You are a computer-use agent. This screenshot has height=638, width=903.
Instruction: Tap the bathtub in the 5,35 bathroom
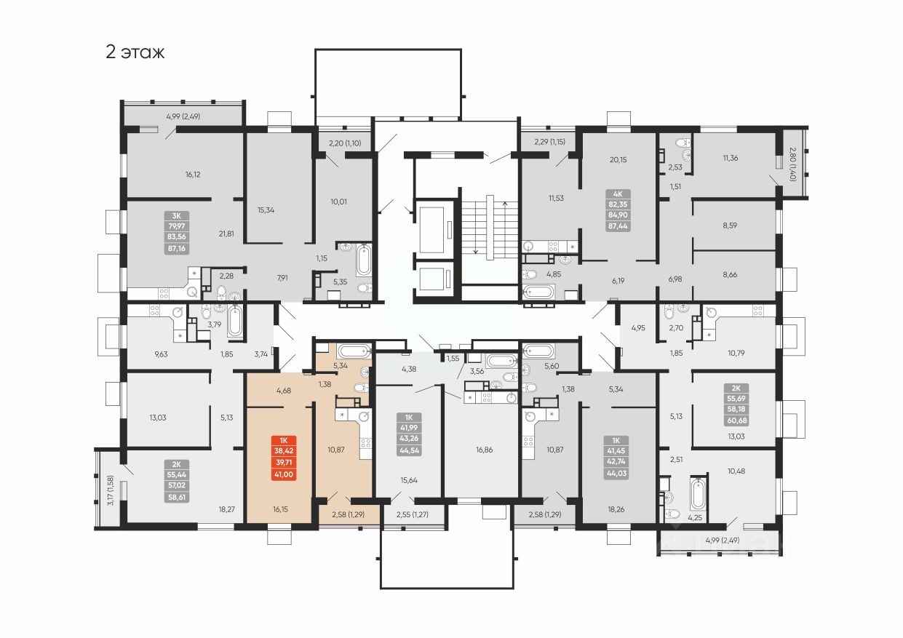pyautogui.click(x=364, y=260)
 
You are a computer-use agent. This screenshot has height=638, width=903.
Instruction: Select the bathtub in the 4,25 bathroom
pyautogui.click(x=697, y=495)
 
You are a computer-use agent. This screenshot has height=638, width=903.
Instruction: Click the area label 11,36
pyautogui.click(x=730, y=158)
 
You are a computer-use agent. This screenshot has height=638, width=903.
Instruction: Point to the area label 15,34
pyautogui.click(x=267, y=210)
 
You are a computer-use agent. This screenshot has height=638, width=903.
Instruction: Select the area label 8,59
pyautogui.click(x=730, y=226)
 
